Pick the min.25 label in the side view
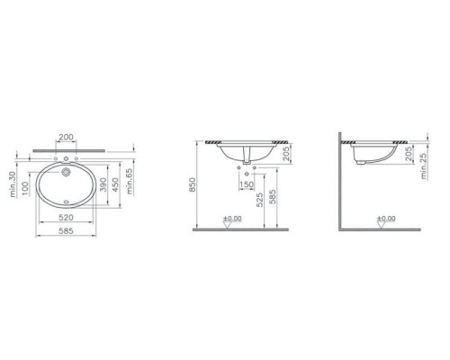click(x=424, y=169)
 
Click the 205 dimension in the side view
click(x=410, y=157)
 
